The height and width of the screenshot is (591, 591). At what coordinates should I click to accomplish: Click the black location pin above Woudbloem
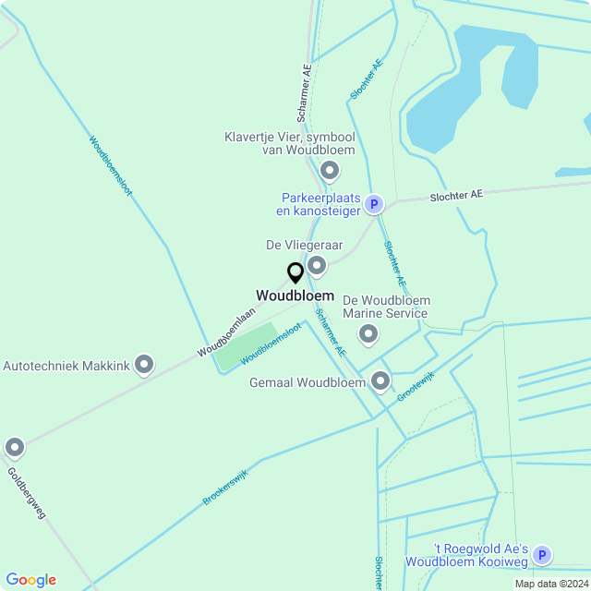pyautogui.click(x=295, y=272)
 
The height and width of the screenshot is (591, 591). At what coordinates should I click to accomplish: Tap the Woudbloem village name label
pyautogui.click(x=295, y=295)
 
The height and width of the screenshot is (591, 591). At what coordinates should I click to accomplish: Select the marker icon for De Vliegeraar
pyautogui.click(x=317, y=267)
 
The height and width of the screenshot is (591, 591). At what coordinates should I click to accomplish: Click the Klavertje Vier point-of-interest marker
pyautogui.click(x=329, y=171)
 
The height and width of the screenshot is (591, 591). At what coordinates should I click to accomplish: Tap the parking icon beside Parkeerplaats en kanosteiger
pyautogui.click(x=373, y=204)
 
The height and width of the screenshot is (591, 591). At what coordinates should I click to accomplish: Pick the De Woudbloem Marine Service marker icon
pyautogui.click(x=368, y=334)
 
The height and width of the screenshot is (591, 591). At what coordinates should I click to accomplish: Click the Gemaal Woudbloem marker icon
pyautogui.click(x=380, y=381)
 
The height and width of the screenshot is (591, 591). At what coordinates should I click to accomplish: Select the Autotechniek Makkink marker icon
pyautogui.click(x=144, y=366)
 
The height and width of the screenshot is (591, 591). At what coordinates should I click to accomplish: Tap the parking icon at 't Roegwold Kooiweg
pyautogui.click(x=543, y=555)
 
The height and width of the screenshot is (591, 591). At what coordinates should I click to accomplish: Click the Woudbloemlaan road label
pyautogui.click(x=225, y=333)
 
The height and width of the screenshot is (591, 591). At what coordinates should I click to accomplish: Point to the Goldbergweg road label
pyautogui.click(x=26, y=493)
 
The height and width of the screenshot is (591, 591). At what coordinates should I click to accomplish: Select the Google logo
pyautogui.click(x=30, y=580)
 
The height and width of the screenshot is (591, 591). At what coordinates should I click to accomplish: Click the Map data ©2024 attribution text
pyautogui.click(x=551, y=584)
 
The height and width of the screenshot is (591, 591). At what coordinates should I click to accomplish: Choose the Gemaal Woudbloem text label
pyautogui.click(x=308, y=382)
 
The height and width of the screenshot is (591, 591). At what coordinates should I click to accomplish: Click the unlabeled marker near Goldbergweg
pyautogui.click(x=14, y=448)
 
